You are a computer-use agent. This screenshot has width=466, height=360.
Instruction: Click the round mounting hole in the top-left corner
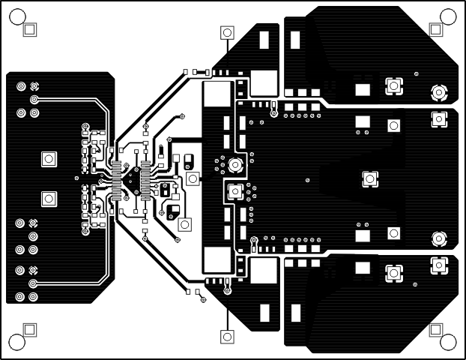pyautogui.click(x=17, y=17)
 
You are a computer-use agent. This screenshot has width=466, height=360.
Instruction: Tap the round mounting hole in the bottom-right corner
pyautogui.click(x=448, y=342)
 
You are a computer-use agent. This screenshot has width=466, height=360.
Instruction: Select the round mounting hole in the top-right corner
pyautogui.click(x=448, y=17)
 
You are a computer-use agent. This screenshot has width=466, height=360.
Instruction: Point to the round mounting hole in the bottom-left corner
pyautogui.click(x=17, y=342)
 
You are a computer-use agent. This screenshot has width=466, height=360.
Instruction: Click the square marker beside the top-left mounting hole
pyautogui.click(x=31, y=29)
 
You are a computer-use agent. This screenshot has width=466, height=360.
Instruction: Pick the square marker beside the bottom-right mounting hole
pyautogui.click(x=435, y=329)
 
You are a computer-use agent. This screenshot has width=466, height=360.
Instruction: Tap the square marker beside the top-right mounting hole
pyautogui.click(x=435, y=29)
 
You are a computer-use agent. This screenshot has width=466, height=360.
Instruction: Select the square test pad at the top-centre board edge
pyautogui.click(x=226, y=32)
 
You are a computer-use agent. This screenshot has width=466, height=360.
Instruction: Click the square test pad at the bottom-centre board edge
pyautogui.click(x=226, y=337)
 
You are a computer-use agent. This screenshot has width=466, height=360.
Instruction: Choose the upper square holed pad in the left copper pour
pyautogui.click(x=48, y=159)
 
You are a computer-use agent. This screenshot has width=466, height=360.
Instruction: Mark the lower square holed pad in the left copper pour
pyautogui.click(x=48, y=199)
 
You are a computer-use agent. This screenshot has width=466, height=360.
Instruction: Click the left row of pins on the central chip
pyautogui.click(x=116, y=180)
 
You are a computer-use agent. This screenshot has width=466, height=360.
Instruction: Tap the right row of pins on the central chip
pyautogui.click(x=145, y=180)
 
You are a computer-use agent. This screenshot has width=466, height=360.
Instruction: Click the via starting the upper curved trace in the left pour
pyautogui.click(x=34, y=99)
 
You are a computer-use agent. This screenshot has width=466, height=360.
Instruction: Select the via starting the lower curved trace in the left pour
pyautogui.click(x=34, y=283)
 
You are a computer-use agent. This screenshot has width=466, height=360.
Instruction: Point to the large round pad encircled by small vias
pyautogui.click(x=234, y=165)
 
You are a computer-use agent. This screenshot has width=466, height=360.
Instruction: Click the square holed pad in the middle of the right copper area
pyautogui.click(x=369, y=178)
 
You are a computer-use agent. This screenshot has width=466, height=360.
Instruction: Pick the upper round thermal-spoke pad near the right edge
pyautogui.click(x=438, y=92)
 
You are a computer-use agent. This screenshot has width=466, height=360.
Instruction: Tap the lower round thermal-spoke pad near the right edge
pyautogui.click(x=438, y=238)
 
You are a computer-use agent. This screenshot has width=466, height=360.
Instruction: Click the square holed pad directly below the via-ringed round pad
pyautogui.click(x=234, y=191)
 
